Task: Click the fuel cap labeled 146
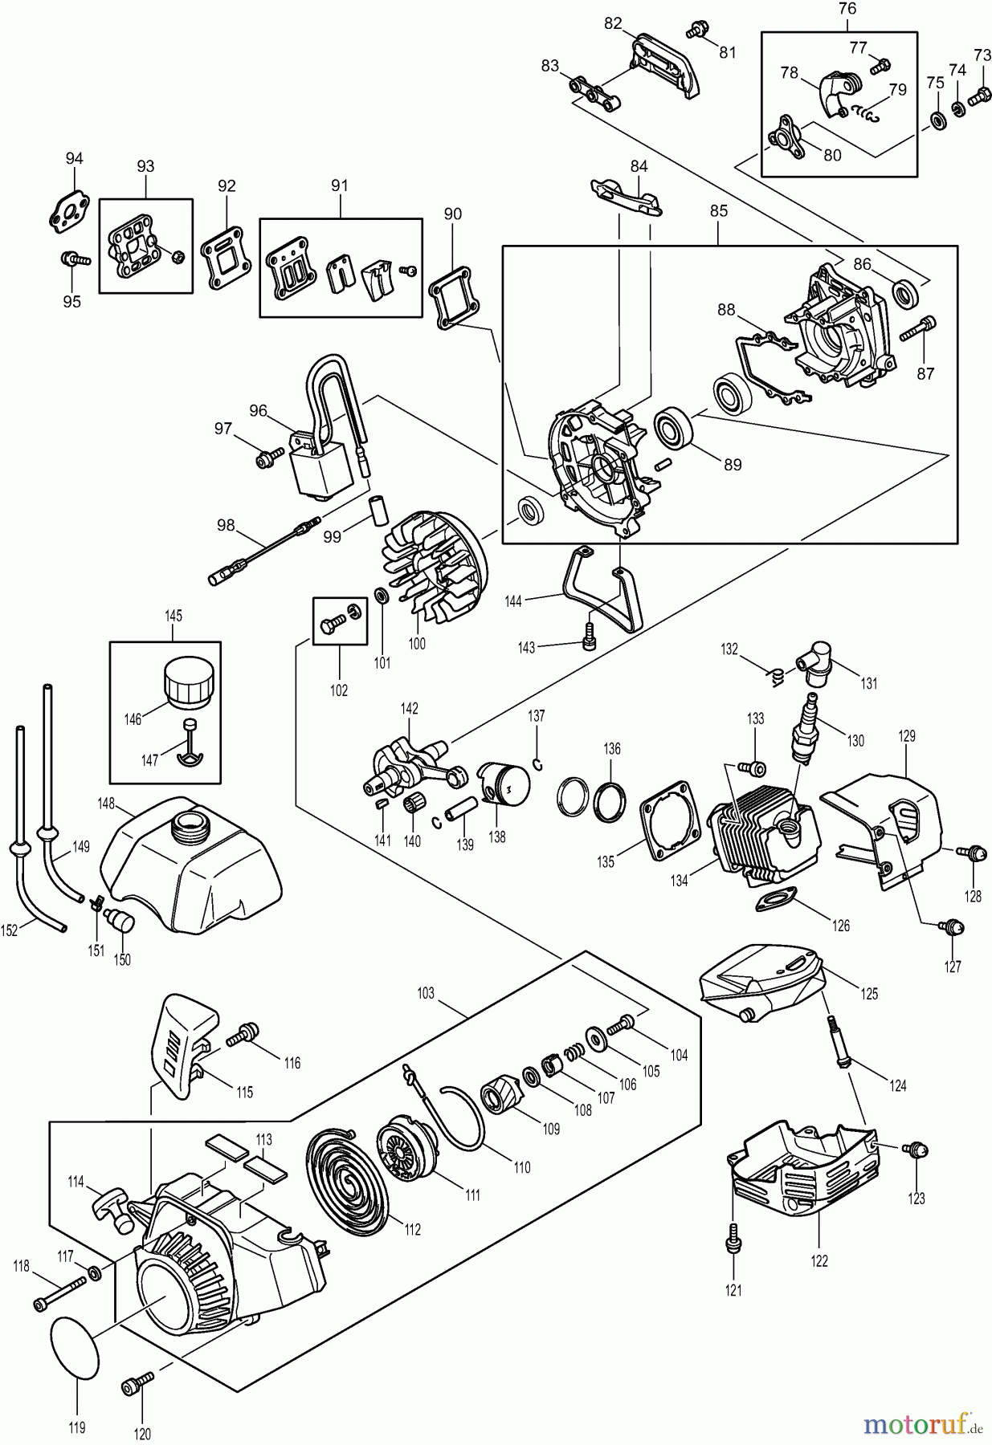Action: tap(190, 683)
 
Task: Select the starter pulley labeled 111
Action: tap(406, 1146)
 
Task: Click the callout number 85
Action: tap(718, 211)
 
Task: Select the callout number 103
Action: tap(425, 993)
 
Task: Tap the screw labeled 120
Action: tap(137, 1386)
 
